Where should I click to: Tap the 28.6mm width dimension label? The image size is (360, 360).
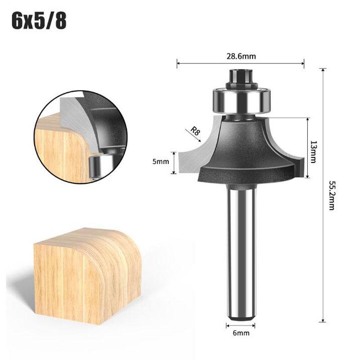coord(241,56)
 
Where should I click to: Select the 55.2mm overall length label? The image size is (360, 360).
coord(332,195)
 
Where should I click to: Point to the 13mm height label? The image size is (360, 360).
coord(313,152)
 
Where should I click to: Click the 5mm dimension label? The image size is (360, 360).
coord(161,162)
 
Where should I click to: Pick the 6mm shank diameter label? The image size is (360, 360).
coord(241,333)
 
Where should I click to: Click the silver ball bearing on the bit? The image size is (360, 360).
coord(242,100)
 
